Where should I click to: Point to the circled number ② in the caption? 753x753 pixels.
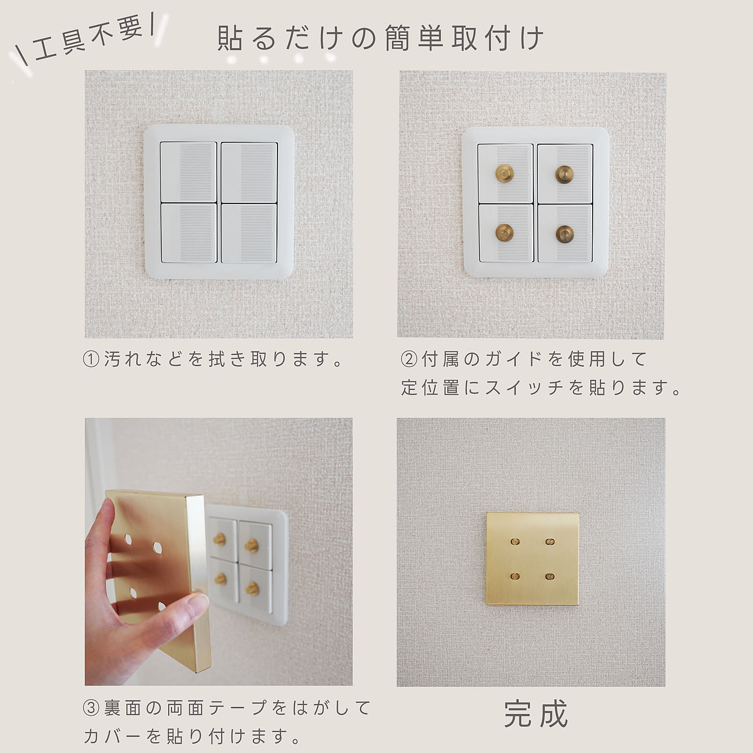coord(409,359)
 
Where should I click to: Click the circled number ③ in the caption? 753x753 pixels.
coord(91,708)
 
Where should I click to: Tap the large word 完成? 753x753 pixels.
coord(535,714)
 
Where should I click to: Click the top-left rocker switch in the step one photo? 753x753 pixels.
coord(188,172)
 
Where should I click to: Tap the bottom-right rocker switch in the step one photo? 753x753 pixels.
coord(249,233)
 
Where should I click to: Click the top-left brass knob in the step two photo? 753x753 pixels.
coord(504,172)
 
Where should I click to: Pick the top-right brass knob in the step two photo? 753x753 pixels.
coord(564,174)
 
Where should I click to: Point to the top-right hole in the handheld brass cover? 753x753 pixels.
coord(157,546)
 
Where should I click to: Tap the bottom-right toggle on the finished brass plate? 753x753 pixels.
coord(549,576)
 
